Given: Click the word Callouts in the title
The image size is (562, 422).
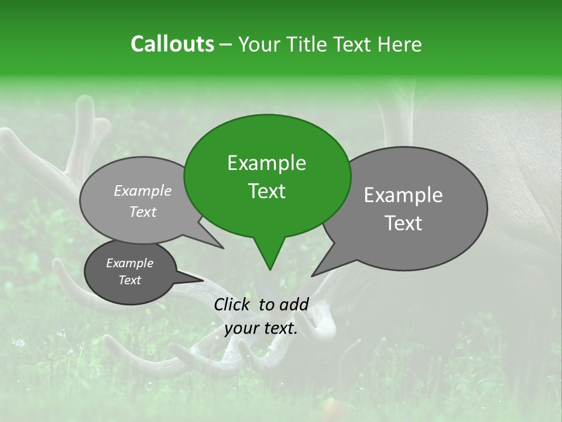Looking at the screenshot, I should click(x=172, y=44).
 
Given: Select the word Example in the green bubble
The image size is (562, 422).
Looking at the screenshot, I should click(x=266, y=163).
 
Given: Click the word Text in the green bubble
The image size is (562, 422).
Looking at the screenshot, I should click(x=266, y=191).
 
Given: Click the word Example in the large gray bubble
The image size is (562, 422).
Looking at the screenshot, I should click(x=403, y=195).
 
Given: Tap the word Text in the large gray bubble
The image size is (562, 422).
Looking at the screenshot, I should click(x=403, y=223).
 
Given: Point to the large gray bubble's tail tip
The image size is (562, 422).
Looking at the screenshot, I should click(x=312, y=275).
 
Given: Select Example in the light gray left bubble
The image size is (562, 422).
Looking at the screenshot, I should click(x=143, y=190).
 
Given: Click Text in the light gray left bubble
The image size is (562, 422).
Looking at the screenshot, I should click(x=143, y=212).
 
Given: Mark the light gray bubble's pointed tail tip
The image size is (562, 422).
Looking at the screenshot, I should click(x=223, y=248).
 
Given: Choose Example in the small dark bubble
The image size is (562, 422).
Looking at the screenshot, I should click(x=129, y=263).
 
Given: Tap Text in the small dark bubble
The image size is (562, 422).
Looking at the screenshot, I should click(x=129, y=280).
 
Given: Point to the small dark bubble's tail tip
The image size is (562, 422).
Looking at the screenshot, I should click(x=203, y=280).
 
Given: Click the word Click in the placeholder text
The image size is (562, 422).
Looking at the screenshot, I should click(x=233, y=304).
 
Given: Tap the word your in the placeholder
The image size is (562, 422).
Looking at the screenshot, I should click(x=241, y=329).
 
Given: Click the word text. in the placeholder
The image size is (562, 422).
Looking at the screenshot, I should click(x=280, y=329).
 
